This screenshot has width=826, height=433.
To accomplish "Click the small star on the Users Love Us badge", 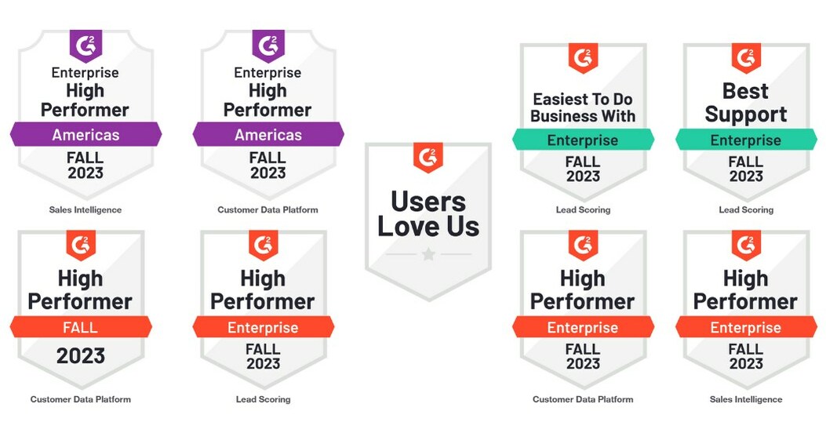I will (428, 254).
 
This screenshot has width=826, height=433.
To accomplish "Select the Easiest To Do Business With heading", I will (583, 108).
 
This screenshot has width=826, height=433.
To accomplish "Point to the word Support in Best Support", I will (746, 115).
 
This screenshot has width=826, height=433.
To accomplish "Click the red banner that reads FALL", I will (81, 327).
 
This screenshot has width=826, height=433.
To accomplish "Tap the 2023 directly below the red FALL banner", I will (81, 356).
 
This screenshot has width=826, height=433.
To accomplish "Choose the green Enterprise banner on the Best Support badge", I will (746, 140).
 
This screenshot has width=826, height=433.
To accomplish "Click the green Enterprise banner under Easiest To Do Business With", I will (583, 140).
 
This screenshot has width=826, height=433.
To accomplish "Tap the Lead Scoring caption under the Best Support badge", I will (746, 209).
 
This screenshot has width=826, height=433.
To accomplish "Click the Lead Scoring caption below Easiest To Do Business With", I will (583, 209).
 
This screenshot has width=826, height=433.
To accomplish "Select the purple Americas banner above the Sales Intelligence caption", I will (86, 135).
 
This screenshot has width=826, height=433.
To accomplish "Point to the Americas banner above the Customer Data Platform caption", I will (268, 135).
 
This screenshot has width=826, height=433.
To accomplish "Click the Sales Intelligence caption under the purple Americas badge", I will (86, 209).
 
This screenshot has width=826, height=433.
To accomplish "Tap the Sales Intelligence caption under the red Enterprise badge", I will (746, 399).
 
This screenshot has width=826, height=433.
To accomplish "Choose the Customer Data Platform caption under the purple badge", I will (268, 209).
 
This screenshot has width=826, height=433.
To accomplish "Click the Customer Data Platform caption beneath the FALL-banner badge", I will (81, 399).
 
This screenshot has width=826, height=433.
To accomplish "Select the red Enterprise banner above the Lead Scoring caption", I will (263, 327).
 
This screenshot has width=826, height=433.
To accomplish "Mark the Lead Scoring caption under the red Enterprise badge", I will (263, 399).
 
